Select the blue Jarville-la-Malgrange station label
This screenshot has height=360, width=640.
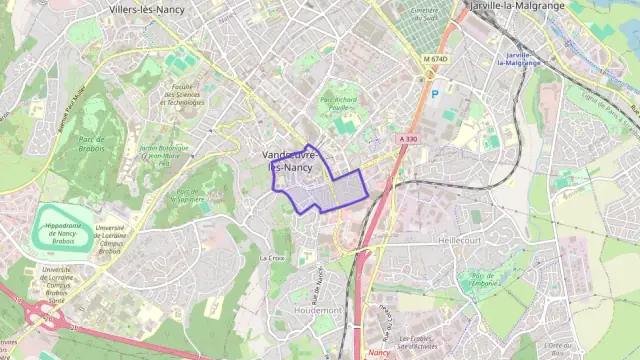point(517,58)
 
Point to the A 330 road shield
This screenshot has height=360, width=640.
point(406,139)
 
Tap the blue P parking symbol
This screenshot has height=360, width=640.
point(434,94)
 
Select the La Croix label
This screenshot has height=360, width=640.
point(272,257)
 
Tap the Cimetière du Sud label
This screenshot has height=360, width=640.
point(425,13)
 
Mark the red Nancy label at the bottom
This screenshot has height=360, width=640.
point(378,352)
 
